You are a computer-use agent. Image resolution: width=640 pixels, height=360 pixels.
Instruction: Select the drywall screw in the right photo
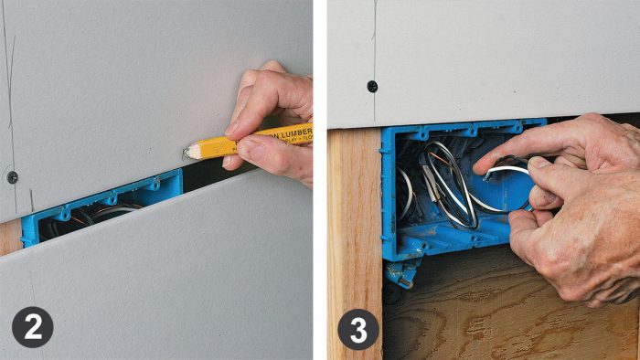click(372, 86)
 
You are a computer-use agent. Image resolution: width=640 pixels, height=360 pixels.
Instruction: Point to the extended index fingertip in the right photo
click(482, 164)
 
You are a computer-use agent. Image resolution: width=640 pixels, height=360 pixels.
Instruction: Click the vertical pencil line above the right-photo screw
click(373, 37)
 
